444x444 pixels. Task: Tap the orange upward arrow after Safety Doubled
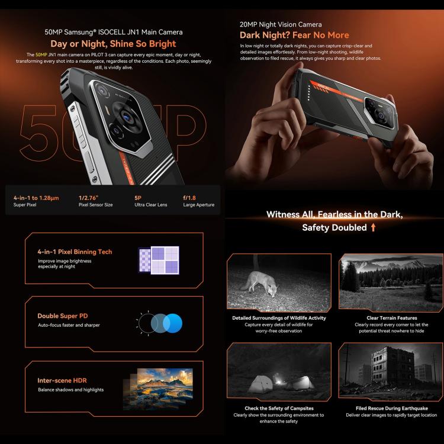tap(373, 227)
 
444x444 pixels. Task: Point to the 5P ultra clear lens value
tap(139, 197)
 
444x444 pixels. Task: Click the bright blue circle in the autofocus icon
tap(173, 323)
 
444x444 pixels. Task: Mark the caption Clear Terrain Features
tap(391, 318)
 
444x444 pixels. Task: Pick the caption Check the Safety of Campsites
tap(279, 408)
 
